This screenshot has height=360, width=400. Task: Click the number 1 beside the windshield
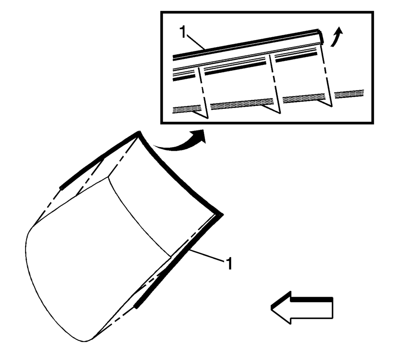coord(229,263)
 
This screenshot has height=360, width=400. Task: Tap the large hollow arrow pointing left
coord(302,307)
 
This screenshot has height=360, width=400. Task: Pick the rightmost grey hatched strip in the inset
coord(349,93)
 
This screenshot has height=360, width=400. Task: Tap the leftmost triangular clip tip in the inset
coord(207,118)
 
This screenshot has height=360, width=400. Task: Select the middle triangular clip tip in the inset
coord(280,113)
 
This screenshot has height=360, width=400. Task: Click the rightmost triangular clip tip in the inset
coord(332,106)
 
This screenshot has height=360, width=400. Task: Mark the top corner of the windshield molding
coord(139,132)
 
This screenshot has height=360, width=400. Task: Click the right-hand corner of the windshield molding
coord(222,215)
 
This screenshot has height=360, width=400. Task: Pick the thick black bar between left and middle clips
coord(235,68)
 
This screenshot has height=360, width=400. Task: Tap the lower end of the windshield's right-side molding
coord(137,307)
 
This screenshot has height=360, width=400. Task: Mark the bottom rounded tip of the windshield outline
coord(85,341)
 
